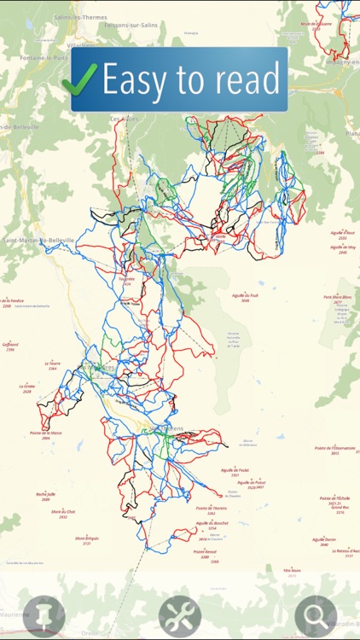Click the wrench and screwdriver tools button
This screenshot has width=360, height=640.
(x=179, y=615)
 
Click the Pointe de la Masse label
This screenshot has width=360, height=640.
(x=46, y=434)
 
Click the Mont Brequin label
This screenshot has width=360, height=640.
(x=88, y=539)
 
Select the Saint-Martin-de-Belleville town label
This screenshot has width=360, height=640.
(x=38, y=241)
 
